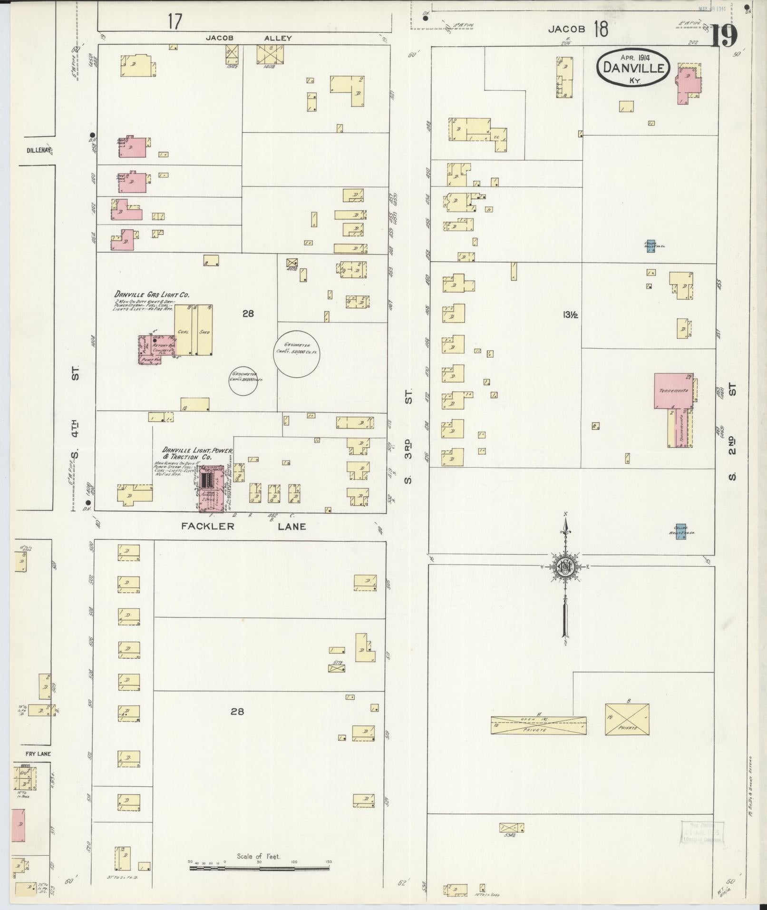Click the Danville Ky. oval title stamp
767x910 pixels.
[633, 67]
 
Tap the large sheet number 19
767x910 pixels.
[724, 36]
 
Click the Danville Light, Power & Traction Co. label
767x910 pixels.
[196, 453]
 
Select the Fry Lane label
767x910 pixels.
[39, 754]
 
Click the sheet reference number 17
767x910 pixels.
[175, 22]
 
